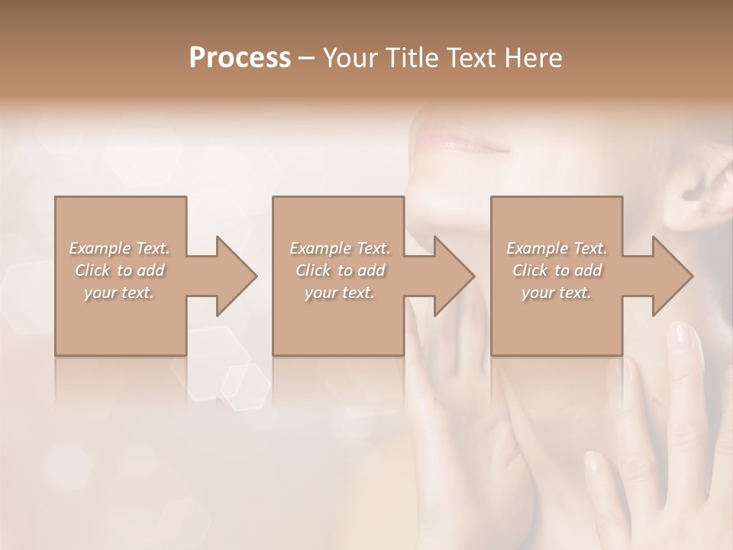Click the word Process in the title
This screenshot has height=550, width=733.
(240, 58)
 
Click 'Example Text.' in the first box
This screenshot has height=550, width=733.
(119, 248)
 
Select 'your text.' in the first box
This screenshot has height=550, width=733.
(119, 292)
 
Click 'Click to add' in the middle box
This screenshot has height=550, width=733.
(340, 270)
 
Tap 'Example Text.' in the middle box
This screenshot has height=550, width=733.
(340, 248)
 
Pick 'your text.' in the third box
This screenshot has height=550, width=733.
(557, 292)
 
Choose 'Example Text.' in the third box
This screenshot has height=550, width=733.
(557, 248)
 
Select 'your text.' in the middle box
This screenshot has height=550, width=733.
(340, 292)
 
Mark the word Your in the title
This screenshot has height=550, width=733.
(349, 58)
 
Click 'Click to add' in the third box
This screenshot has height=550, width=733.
(557, 270)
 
